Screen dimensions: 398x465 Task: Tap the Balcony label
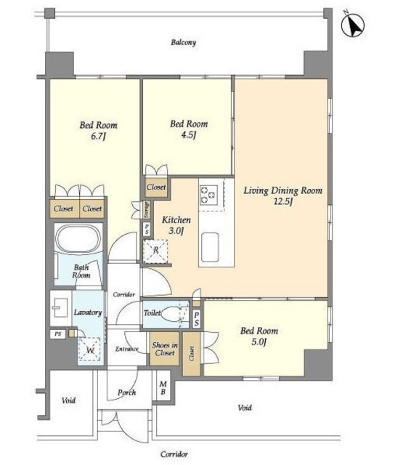(x=184, y=42)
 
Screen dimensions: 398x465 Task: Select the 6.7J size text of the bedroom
(x=98, y=137)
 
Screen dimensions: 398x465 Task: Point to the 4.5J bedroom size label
(x=189, y=135)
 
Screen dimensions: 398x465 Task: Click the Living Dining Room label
(x=283, y=190)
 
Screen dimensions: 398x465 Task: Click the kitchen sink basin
(x=210, y=247)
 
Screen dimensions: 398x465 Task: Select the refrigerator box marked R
(x=155, y=251)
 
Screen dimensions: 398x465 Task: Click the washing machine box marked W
(x=89, y=349)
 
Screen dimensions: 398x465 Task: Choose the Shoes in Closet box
(x=165, y=349)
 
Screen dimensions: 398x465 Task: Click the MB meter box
(x=163, y=388)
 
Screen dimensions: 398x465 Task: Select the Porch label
(x=127, y=392)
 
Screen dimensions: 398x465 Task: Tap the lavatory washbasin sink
(x=60, y=307)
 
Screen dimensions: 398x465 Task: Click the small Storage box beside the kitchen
(x=147, y=210)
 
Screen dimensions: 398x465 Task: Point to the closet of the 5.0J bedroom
(x=192, y=354)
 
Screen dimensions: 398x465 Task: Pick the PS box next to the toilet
(x=196, y=319)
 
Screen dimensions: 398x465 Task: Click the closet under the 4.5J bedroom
(x=156, y=187)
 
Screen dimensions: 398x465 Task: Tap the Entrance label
(x=127, y=349)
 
